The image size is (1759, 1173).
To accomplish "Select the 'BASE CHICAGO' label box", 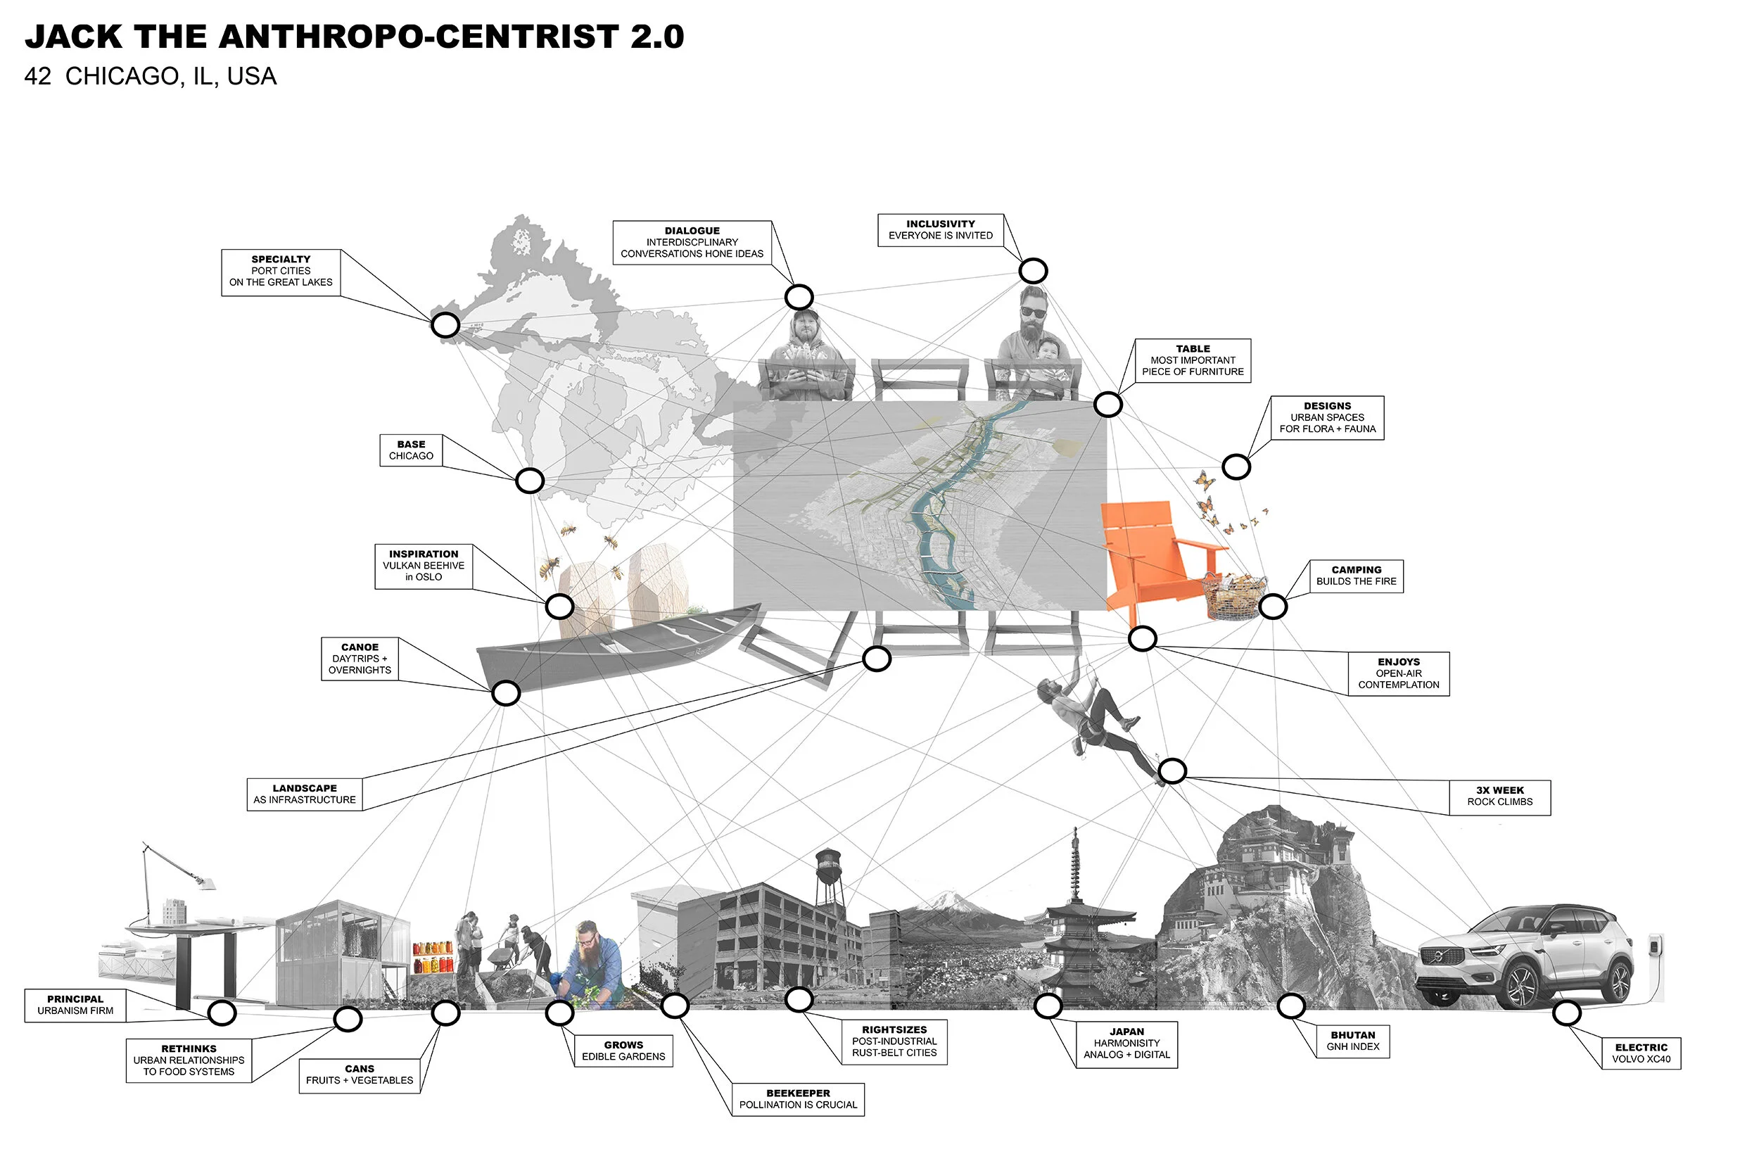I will click(x=411, y=450).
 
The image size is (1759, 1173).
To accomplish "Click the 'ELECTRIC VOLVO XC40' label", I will click(x=1640, y=1053).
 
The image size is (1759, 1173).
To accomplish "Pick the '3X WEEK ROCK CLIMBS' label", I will click(x=1499, y=797).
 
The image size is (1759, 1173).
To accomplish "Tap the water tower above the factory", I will click(x=828, y=868).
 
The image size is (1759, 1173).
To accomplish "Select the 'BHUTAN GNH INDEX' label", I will click(x=1352, y=1041).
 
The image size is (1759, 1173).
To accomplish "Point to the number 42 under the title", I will click(x=37, y=76).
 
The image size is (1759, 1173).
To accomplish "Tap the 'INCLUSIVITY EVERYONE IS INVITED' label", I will click(x=940, y=229).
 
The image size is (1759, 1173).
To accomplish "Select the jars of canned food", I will click(x=432, y=958).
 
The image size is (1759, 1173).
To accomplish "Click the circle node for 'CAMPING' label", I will click(x=1272, y=607).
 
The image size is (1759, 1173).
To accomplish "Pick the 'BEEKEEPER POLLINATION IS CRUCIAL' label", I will click(x=797, y=1099).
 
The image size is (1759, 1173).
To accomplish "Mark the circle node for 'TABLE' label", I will click(x=1107, y=405).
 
